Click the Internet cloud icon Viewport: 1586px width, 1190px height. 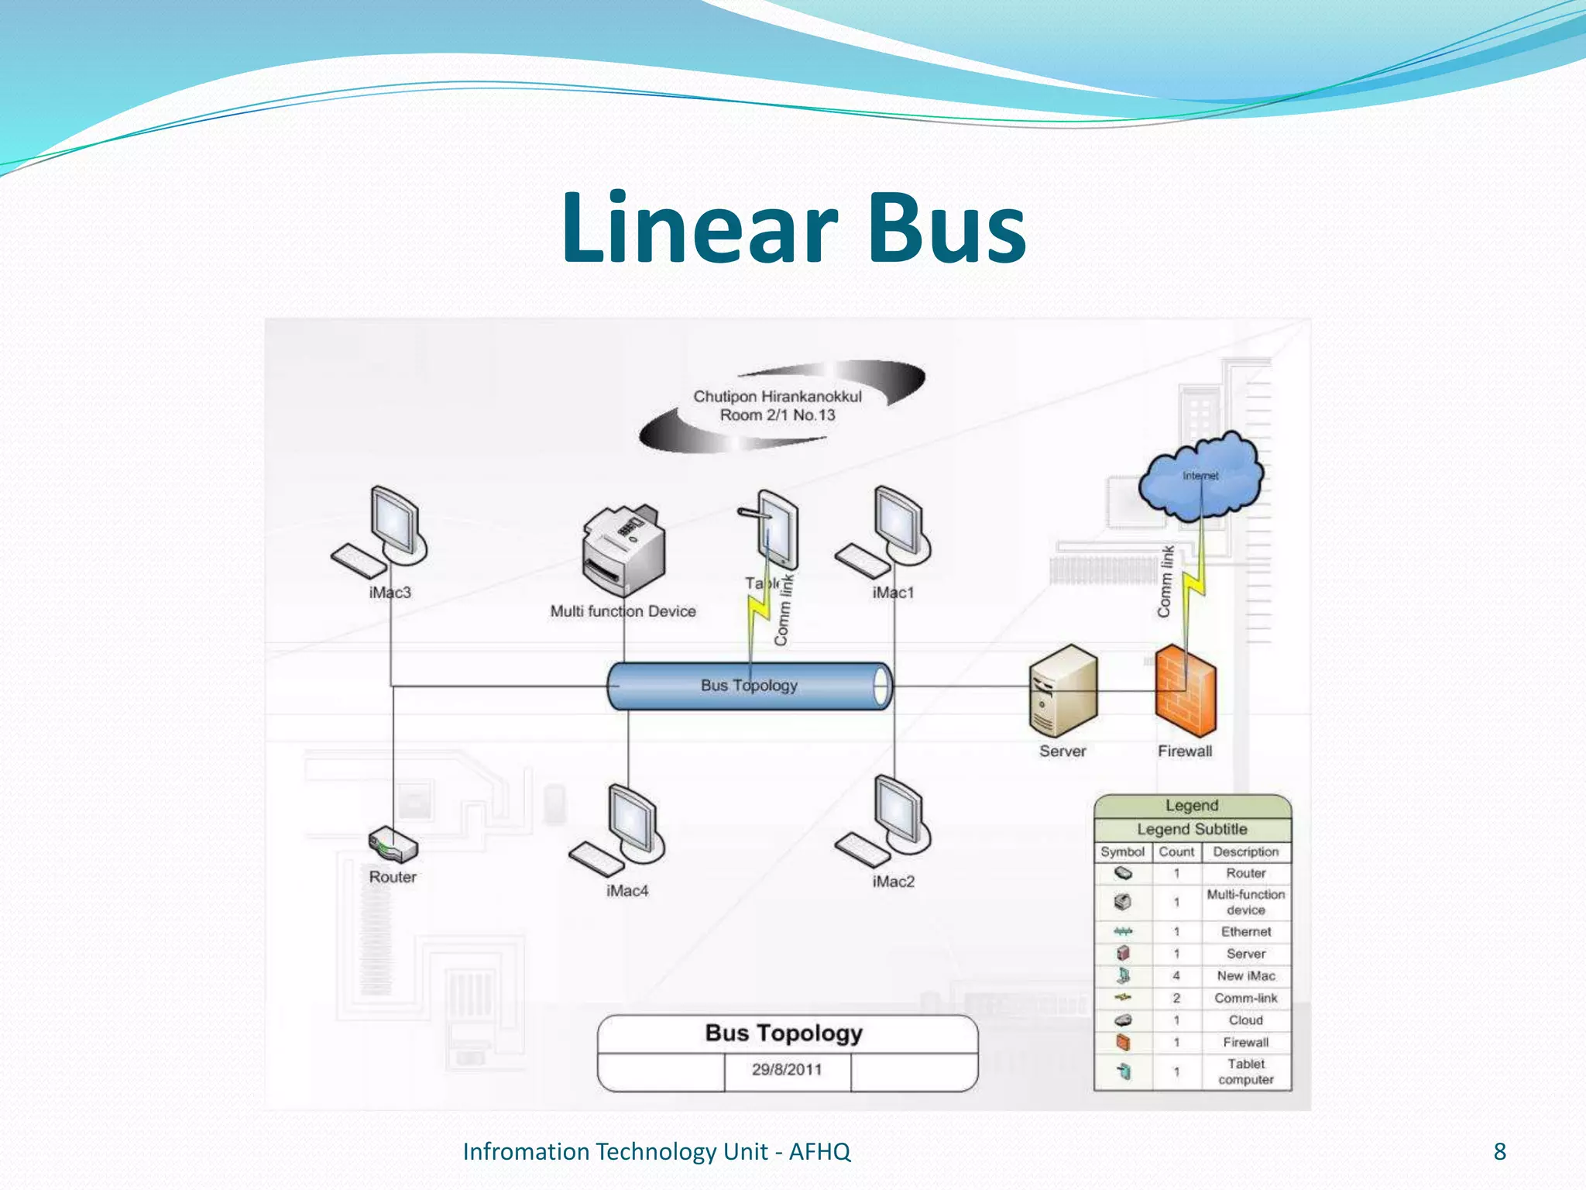1200,476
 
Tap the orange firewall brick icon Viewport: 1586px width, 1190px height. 1185,691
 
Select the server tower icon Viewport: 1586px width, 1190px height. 1063,691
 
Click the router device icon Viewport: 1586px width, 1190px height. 393,844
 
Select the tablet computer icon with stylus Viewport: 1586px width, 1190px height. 774,531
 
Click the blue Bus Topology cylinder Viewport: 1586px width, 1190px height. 749,686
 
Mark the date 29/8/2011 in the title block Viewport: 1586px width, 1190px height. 787,1070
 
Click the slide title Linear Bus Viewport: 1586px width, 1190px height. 793,229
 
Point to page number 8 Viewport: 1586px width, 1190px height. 1499,1151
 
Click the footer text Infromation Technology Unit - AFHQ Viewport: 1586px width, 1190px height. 657,1152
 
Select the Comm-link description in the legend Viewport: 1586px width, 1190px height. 1245,998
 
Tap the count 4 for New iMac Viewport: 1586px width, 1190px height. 1176,976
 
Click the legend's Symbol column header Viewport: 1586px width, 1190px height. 1122,851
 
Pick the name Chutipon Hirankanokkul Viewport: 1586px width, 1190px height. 778,397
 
